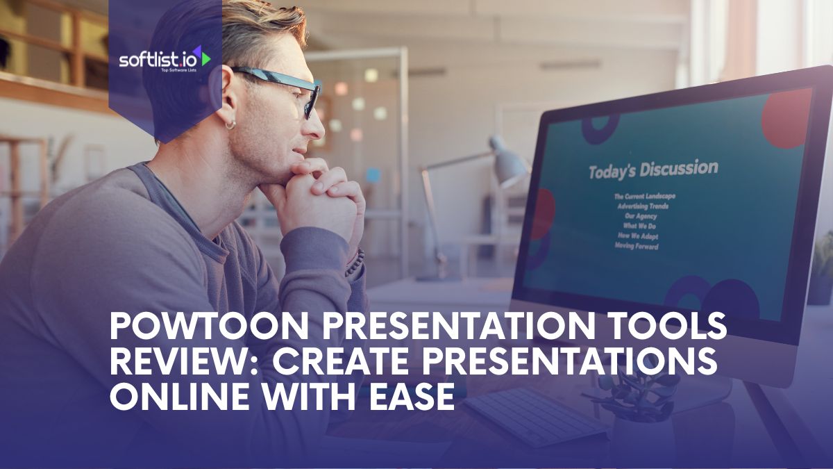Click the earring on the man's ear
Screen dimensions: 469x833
[230, 124]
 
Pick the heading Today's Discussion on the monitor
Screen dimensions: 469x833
[653, 169]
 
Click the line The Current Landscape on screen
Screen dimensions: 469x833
[645, 196]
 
